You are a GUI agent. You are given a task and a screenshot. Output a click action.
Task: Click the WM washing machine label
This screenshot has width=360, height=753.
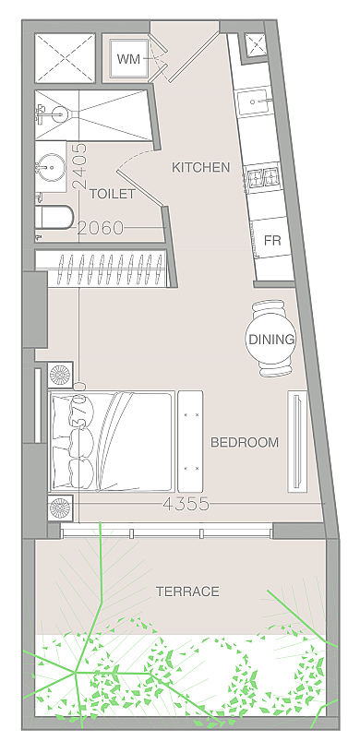click(129, 59)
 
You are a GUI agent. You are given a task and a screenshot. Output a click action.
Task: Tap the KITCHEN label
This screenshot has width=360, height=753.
click(201, 168)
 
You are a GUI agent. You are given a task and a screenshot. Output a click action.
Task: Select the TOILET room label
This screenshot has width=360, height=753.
click(113, 194)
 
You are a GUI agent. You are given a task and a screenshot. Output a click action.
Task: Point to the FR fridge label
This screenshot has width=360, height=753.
click(272, 240)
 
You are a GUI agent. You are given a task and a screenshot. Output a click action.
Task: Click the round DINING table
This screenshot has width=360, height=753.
click(270, 339)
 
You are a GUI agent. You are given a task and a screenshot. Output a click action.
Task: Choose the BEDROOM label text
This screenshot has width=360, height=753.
click(245, 442)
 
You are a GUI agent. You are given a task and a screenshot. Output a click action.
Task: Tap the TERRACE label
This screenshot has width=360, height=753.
click(187, 592)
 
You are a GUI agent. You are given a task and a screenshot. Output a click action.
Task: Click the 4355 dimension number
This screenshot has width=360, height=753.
click(186, 504)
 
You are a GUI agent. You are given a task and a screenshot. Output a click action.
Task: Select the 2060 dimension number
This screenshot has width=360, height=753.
click(101, 228)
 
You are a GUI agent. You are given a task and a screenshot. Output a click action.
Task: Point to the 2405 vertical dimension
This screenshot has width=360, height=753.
click(79, 165)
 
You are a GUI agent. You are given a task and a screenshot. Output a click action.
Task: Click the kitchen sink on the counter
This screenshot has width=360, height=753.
click(255, 102)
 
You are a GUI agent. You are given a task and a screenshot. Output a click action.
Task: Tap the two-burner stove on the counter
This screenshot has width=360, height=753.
click(262, 178)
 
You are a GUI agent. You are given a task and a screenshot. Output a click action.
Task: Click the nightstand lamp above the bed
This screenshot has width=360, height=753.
click(61, 375)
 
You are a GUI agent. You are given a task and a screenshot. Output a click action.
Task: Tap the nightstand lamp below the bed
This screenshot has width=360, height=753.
click(61, 508)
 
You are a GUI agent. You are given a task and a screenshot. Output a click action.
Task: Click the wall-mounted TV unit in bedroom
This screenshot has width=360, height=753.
click(297, 441)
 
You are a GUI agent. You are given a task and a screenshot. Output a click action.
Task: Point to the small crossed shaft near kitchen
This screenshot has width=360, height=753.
click(254, 44)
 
